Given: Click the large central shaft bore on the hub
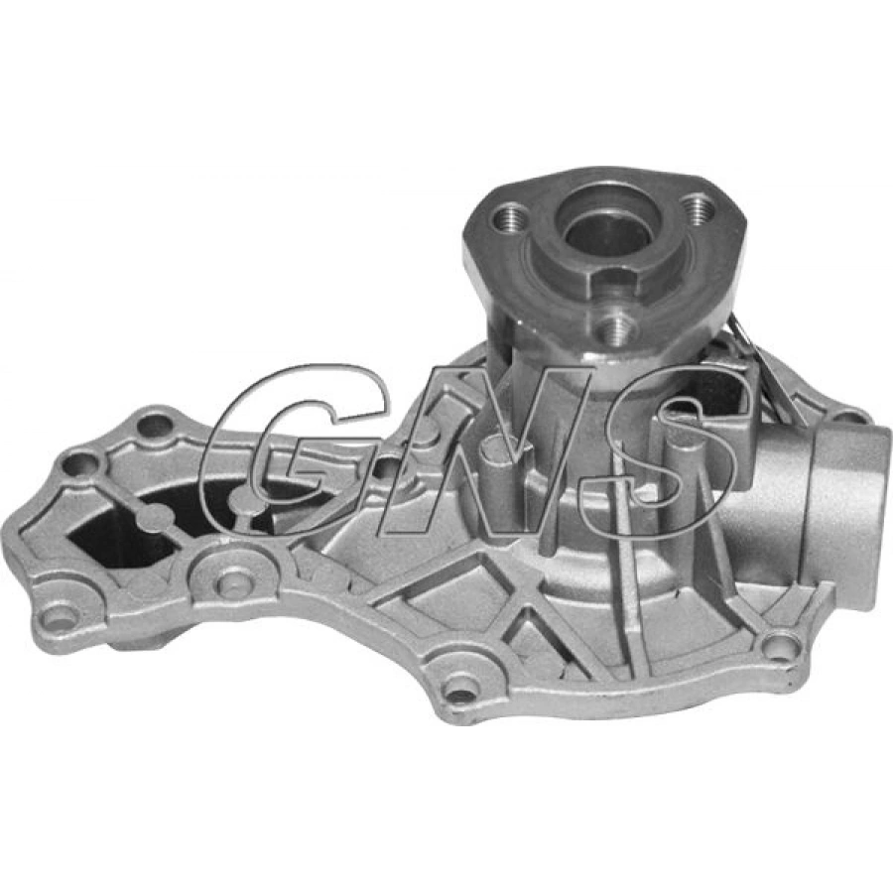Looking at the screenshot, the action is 606,225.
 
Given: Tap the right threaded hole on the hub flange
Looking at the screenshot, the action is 699,207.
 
